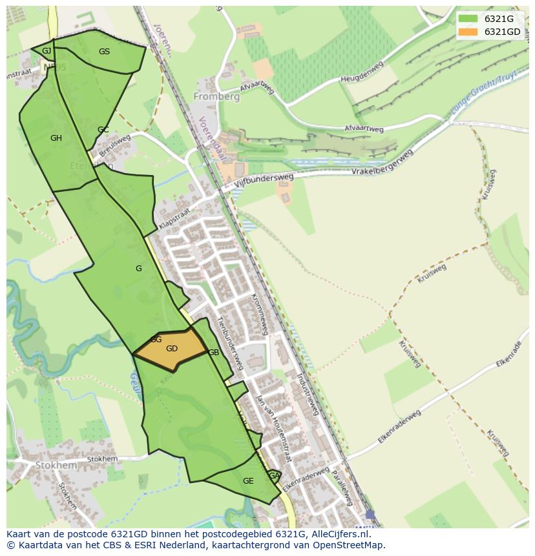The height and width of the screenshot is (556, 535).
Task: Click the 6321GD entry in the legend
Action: coord(503,32)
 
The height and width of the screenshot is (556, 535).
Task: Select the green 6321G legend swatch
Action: coord(467,19)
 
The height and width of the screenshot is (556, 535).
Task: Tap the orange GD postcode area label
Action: coord(172,349)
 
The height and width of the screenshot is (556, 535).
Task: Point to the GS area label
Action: coord(104,52)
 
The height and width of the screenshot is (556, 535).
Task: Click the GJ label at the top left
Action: coord(47,51)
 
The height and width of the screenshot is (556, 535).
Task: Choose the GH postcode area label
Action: coord(56,138)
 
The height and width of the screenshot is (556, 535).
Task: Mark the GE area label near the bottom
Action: coord(248,481)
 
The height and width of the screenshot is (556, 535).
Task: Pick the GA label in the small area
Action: coord(274,476)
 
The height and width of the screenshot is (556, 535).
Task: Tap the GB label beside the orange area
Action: coord(214,353)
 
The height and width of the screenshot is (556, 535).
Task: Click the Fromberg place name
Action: coord(216,97)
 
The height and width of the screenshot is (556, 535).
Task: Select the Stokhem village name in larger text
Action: coord(56,465)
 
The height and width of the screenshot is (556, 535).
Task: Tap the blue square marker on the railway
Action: coord(370,514)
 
